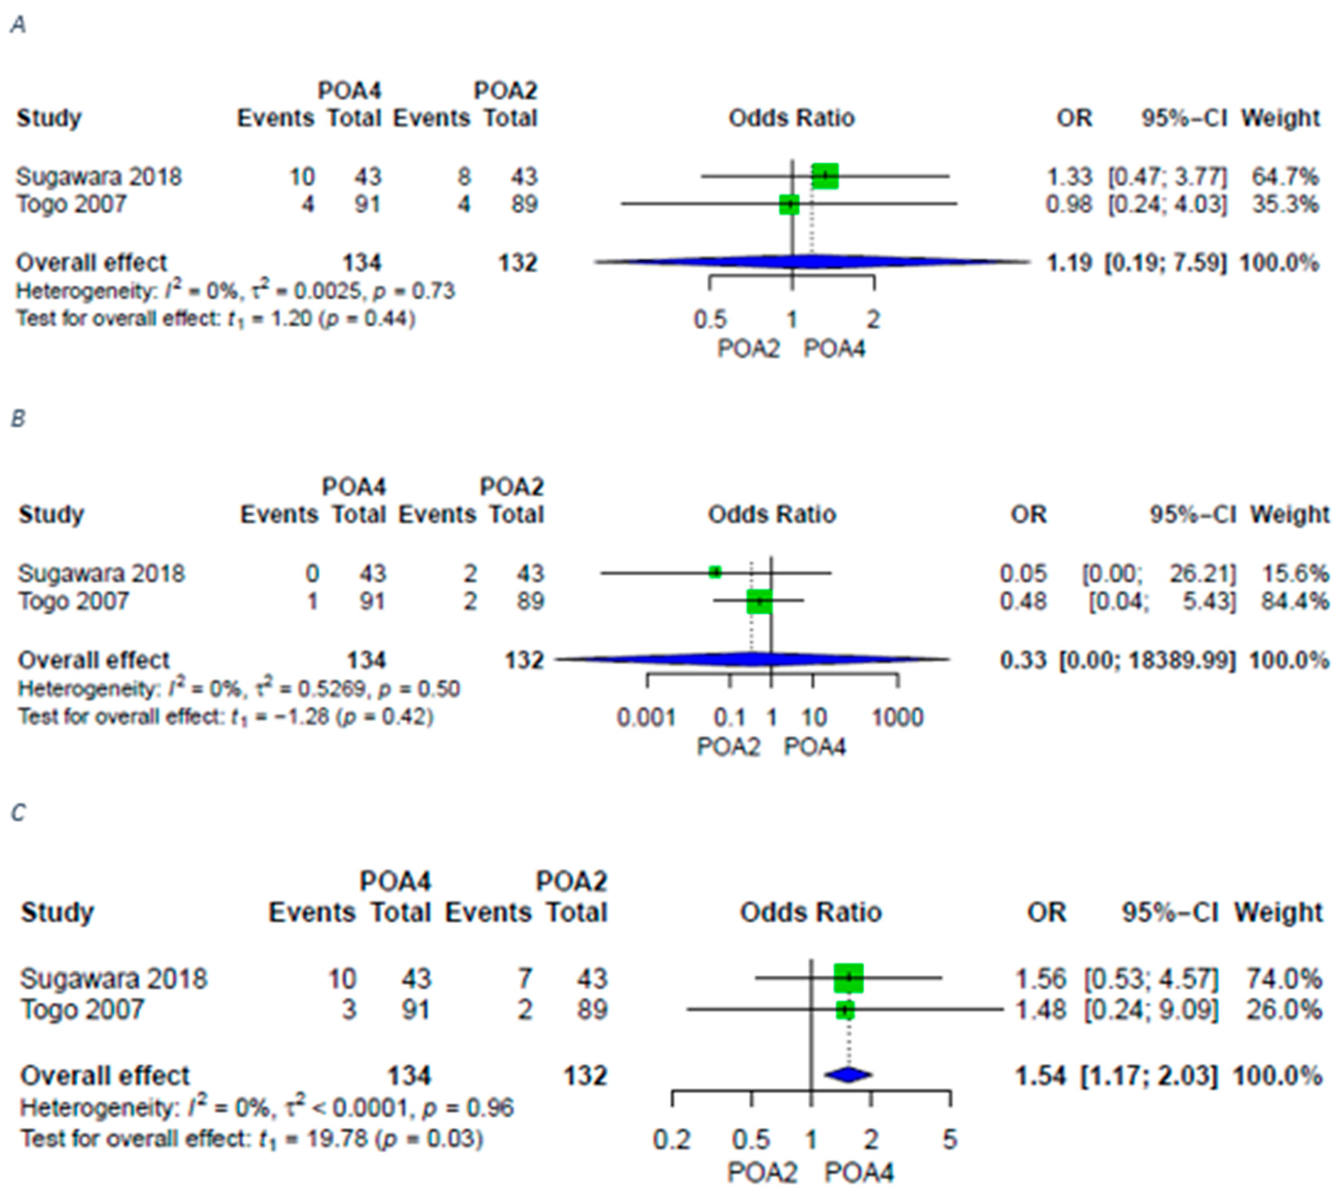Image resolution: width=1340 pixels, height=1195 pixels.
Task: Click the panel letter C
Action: point(19,813)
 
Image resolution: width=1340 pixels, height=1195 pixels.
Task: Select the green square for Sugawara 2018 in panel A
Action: point(825,176)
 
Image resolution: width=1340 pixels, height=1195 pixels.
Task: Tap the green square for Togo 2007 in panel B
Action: point(759,601)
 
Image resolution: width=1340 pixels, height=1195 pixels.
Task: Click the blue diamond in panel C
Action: point(848,1075)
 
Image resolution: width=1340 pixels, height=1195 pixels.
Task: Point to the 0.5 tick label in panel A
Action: point(710,320)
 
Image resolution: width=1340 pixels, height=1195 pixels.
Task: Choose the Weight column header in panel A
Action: point(1280,118)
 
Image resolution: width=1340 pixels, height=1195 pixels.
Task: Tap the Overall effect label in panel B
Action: point(94,660)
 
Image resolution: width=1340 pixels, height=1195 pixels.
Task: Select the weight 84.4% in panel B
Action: point(1294,601)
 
